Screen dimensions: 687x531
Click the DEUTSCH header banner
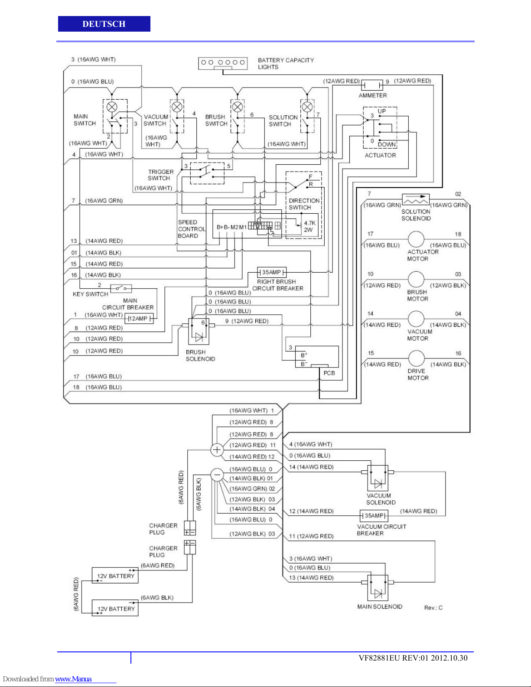pos(104,24)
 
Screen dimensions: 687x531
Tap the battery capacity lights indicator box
pos(223,63)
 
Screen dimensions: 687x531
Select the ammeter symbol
pos(372,85)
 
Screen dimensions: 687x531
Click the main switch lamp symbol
pos(112,107)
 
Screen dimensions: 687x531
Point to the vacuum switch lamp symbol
pos(177,107)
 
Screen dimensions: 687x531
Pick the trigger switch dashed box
pos(207,173)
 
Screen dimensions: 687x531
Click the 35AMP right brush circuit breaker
pos(272,272)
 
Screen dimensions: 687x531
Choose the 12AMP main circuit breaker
pos(139,319)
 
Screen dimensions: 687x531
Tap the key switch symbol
pos(121,288)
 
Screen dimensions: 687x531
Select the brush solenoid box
pos(199,332)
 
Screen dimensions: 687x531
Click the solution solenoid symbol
pos(416,200)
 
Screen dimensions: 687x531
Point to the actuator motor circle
pos(416,239)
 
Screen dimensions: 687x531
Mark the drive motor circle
pos(416,358)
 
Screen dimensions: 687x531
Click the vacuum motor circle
pos(416,319)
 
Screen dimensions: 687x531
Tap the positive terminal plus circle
pos(217,450)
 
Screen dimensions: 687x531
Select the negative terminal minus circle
pos(217,475)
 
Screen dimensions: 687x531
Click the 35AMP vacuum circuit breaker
pos(374,516)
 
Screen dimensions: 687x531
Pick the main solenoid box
pos(378,588)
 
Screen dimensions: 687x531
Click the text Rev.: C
pos(433,608)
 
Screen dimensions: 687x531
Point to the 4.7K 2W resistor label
pos(309,226)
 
